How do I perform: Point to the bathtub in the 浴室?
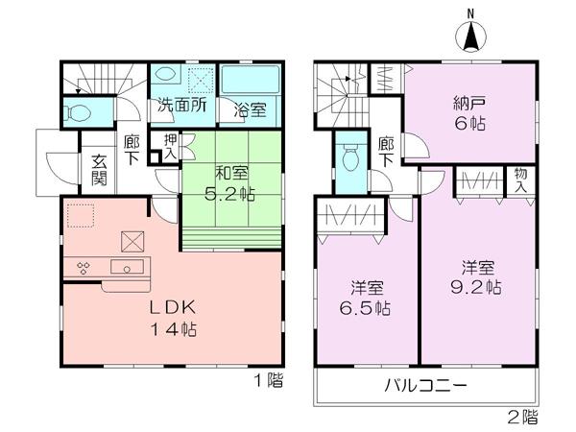[x=248, y=79]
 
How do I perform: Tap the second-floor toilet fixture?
[x=348, y=156]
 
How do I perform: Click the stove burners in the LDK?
[x=83, y=269]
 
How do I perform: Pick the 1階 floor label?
[x=269, y=381]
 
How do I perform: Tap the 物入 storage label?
[x=520, y=180]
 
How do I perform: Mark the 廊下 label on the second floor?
[x=386, y=153]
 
